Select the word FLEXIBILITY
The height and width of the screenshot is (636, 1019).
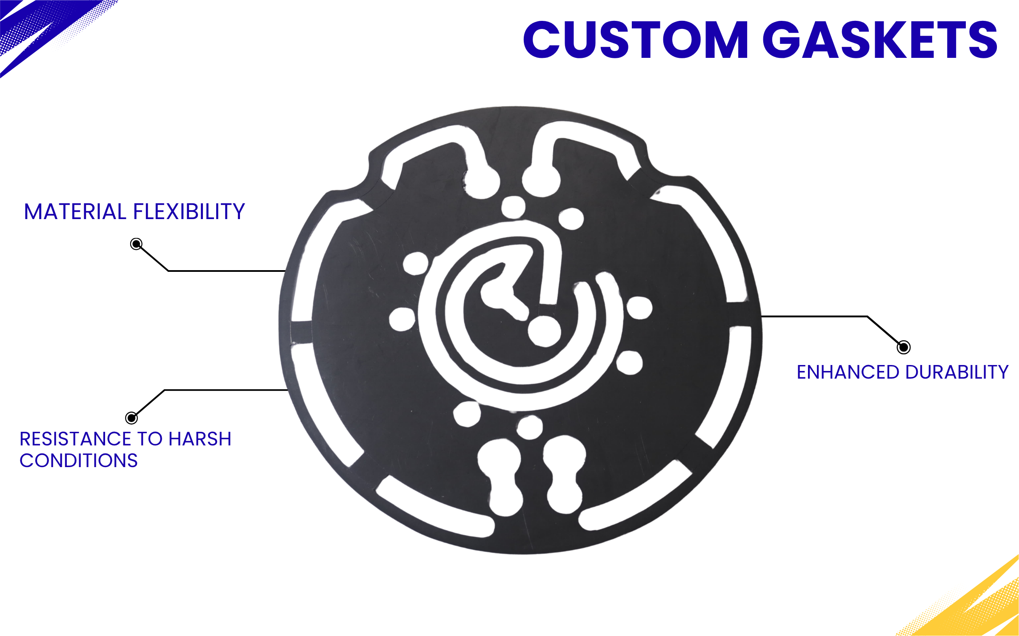click(x=189, y=212)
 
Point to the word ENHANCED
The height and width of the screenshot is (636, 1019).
click(x=847, y=372)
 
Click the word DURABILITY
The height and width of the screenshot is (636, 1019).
click(x=957, y=372)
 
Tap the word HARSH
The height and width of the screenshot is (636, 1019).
click(x=200, y=439)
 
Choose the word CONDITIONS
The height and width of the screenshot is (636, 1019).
click(x=79, y=461)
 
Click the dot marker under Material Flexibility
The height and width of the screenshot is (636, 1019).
click(x=136, y=244)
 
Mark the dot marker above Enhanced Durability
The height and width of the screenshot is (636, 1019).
click(x=903, y=347)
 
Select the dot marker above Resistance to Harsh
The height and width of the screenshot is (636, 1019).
click(x=131, y=418)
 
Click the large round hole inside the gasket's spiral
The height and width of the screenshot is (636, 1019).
click(x=544, y=331)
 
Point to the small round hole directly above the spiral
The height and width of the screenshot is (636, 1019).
click(x=513, y=207)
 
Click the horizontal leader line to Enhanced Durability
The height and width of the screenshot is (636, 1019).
click(x=813, y=317)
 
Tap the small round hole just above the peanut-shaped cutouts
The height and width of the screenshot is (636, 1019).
click(x=530, y=427)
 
